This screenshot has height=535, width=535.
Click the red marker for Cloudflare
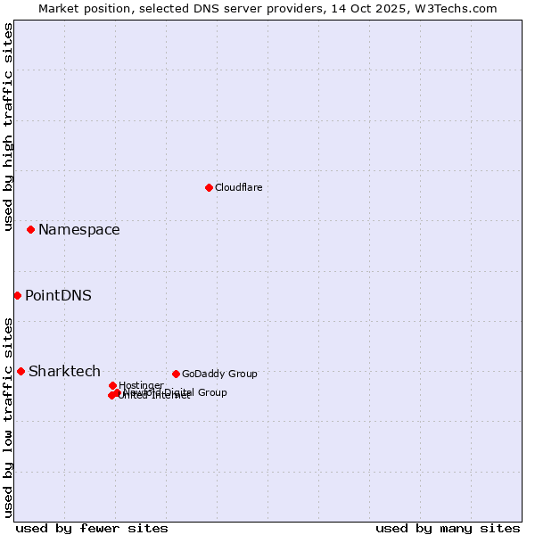pos(209,187)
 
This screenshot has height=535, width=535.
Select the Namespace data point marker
pos(30,230)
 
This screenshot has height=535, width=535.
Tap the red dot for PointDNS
pos(17,295)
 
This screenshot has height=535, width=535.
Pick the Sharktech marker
pos(21,371)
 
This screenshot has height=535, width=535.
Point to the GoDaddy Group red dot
pos(176,374)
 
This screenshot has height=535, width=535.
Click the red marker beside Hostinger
pos(112,385)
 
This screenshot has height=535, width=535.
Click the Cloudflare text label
pos(238,187)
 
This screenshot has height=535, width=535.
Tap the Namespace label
pos(78,230)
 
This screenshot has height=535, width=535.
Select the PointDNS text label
pos(58,296)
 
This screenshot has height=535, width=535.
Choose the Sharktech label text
pos(64,372)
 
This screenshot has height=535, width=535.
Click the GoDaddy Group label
pos(219,374)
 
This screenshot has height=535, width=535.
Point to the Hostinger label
pos(141,385)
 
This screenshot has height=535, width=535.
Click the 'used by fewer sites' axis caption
pos(92,528)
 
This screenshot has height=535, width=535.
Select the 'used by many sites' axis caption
pos(448,528)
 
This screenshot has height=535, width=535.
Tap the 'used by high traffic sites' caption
pos(8,127)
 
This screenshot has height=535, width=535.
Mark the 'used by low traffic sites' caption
pos(8,416)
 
